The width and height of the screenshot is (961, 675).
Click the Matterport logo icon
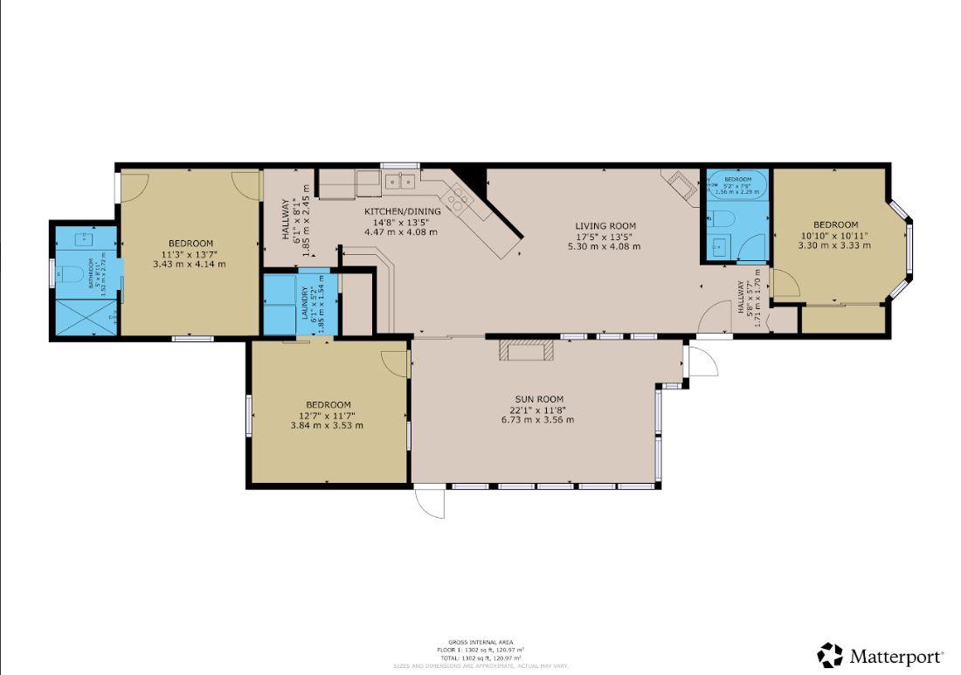[x=830, y=655]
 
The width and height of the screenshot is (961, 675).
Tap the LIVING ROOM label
[x=603, y=225]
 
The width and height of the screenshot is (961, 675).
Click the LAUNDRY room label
[x=307, y=303]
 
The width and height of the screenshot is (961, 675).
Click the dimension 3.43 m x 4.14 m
[x=189, y=264]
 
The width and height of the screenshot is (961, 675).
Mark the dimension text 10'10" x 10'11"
[x=834, y=235]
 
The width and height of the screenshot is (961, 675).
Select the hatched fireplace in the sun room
[x=526, y=351]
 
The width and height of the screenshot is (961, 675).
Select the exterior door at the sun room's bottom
[x=431, y=501]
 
